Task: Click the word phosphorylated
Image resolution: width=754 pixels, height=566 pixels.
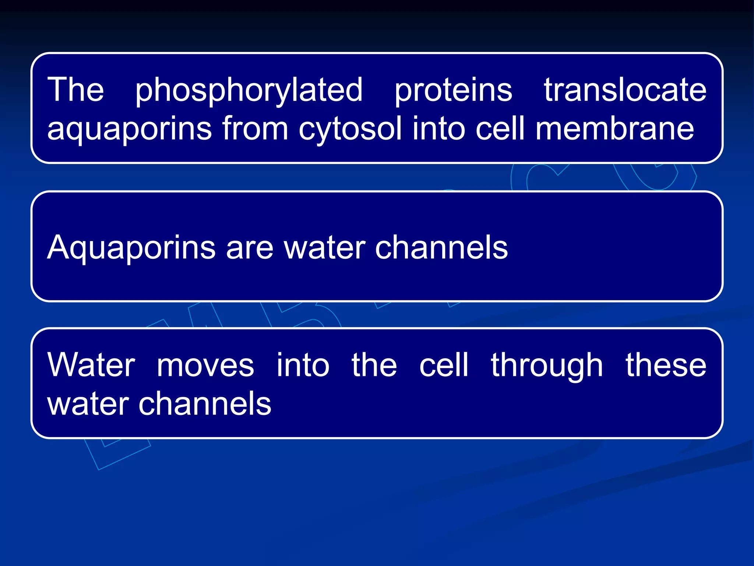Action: [249, 90]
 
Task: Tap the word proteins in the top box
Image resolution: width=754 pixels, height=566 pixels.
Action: [453, 90]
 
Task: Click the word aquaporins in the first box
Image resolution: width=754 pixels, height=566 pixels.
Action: [130, 129]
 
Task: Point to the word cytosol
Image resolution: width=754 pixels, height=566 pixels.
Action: [350, 129]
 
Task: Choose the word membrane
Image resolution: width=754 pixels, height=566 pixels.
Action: [614, 129]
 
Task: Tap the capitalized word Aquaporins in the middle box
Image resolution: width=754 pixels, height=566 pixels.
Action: [131, 248]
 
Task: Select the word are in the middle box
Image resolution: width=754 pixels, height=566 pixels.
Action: [249, 248]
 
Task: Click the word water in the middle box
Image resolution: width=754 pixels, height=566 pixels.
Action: [325, 248]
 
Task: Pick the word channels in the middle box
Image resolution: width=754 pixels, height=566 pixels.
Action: [441, 248]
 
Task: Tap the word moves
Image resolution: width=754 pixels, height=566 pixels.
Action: [205, 366]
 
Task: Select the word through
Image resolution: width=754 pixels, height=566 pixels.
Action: [547, 366]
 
